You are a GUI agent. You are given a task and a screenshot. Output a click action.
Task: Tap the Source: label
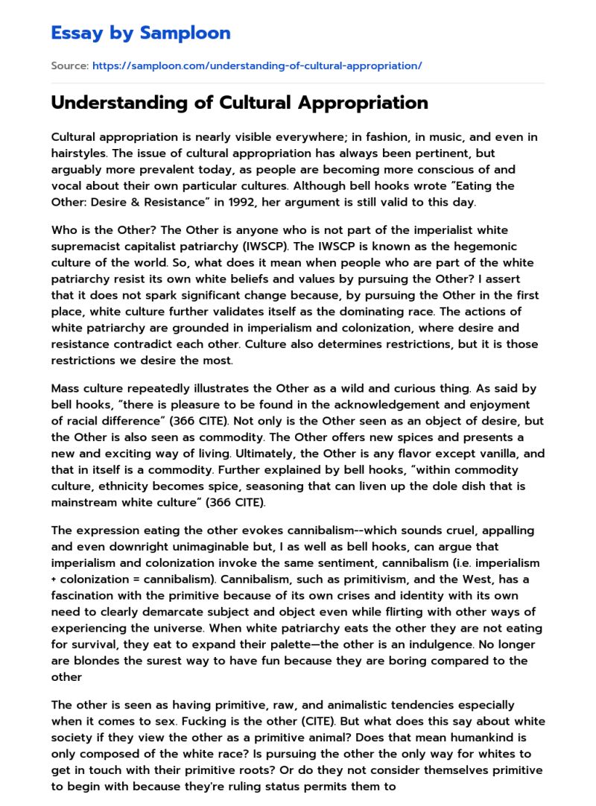[69, 66]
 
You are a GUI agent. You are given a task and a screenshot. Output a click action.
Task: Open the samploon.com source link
[257, 66]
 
